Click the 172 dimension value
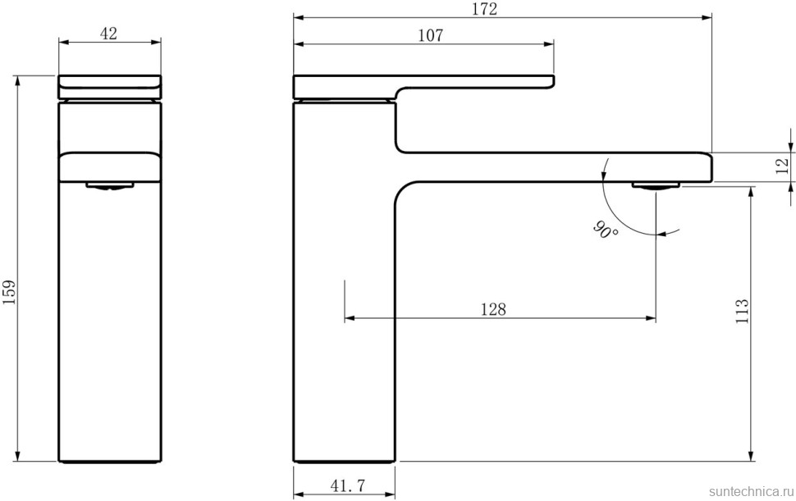click(484, 9)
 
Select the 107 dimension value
click(429, 35)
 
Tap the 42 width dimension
click(108, 34)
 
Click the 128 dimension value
click(493, 309)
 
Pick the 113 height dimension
click(743, 312)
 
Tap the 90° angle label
click(605, 230)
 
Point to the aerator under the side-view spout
click(656, 185)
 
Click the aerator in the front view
click(109, 185)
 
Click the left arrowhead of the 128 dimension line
click(349, 317)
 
